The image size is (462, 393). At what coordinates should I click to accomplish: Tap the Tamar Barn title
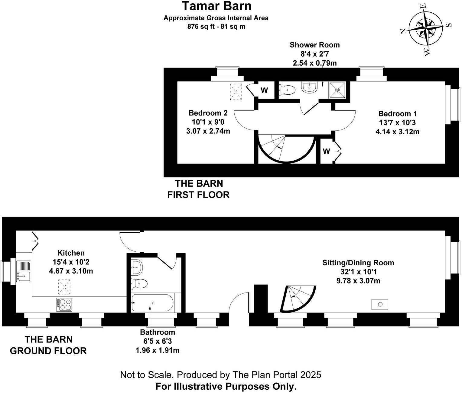click(216, 6)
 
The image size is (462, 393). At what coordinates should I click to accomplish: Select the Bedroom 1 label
click(397, 114)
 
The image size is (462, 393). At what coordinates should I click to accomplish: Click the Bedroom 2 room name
click(208, 113)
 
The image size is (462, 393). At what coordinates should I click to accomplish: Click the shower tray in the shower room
click(337, 89)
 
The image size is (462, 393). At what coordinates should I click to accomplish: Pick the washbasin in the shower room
click(309, 87)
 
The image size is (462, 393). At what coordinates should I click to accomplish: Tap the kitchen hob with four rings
click(64, 304)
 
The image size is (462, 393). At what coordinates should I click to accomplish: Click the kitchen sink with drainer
click(24, 271)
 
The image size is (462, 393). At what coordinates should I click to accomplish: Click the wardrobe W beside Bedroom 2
click(264, 90)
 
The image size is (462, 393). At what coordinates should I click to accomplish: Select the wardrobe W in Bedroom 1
click(326, 151)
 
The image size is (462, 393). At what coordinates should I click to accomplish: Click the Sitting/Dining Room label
click(358, 263)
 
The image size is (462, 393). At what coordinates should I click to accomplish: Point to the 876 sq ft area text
click(216, 26)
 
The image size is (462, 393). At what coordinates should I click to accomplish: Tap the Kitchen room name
click(71, 253)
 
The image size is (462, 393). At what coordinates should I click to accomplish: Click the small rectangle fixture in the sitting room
click(379, 304)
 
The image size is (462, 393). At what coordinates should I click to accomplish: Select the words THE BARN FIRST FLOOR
click(199, 189)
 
